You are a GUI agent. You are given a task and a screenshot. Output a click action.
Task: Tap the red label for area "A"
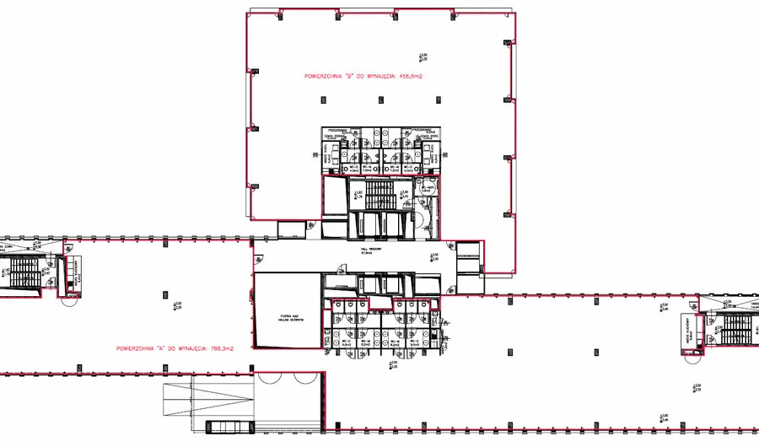coord(175,347)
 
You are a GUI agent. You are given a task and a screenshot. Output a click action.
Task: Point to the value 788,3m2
coord(222,347)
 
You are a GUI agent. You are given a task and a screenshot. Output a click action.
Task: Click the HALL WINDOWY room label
coord(372,251)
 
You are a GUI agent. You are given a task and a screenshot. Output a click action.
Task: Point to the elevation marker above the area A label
coord(175,305)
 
